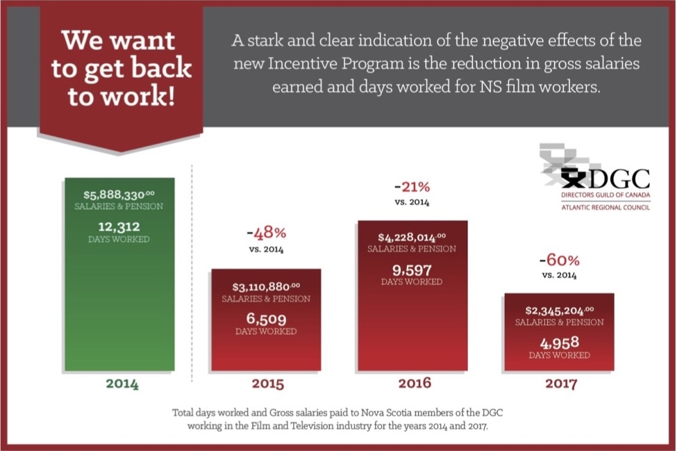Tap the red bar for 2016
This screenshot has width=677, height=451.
point(412,327)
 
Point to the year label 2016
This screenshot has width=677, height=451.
point(415,383)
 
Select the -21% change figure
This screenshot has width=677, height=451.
point(412,187)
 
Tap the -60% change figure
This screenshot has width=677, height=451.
point(560,261)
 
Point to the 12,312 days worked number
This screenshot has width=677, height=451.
point(119,226)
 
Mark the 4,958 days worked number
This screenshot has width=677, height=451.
point(560,342)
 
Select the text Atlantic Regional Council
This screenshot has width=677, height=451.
point(596,206)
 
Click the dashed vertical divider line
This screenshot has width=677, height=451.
point(192,278)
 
